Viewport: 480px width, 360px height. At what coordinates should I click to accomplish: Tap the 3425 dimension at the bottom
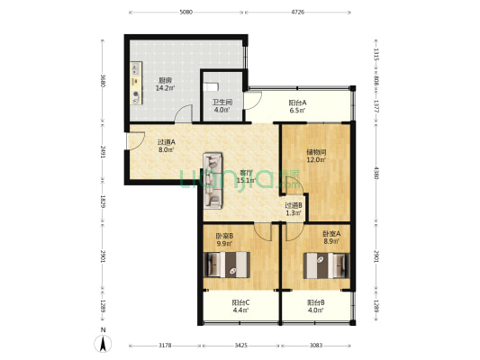point(237,346)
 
